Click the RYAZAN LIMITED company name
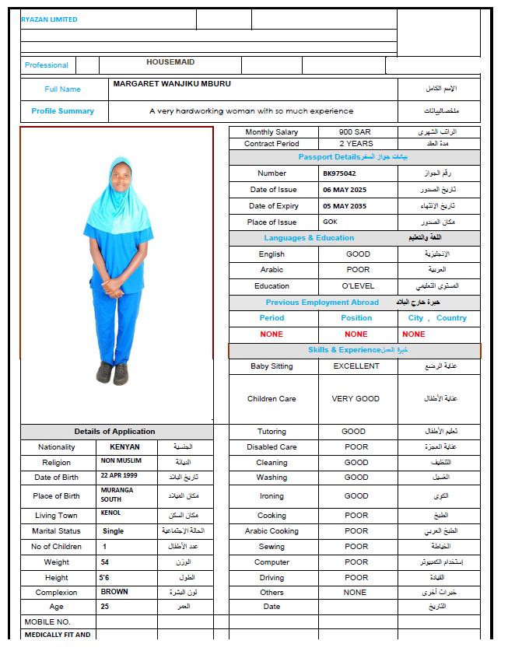pyautogui.click(x=49, y=19)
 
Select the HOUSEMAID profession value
pyautogui.click(x=170, y=62)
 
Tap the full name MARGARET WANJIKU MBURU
pyautogui.click(x=172, y=83)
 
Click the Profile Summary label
pyautogui.click(x=63, y=111)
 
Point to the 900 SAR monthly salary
pyautogui.click(x=356, y=132)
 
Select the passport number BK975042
pyautogui.click(x=339, y=173)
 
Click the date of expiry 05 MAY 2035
pyautogui.click(x=344, y=206)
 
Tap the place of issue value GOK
pyautogui.click(x=331, y=222)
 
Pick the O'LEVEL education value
pyautogui.click(x=358, y=286)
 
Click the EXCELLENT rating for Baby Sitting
pyautogui.click(x=356, y=366)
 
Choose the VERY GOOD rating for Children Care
pyautogui.click(x=356, y=399)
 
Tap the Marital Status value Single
pyautogui.click(x=114, y=531)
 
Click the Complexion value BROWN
pyautogui.click(x=114, y=592)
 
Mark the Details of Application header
pyautogui.click(x=114, y=432)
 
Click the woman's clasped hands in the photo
pyautogui.click(x=113, y=293)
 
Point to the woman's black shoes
pyautogui.click(x=112, y=373)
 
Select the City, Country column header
pyautogui.click(x=437, y=318)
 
